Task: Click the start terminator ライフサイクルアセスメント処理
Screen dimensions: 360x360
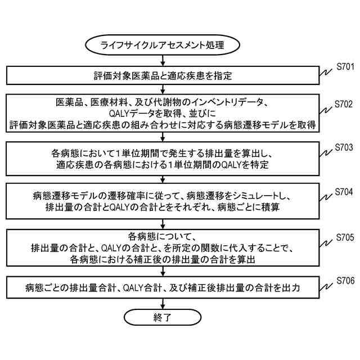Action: (161, 45)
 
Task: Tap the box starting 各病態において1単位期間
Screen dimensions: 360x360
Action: (161, 158)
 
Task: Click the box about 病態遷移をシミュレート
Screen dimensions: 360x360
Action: (161, 201)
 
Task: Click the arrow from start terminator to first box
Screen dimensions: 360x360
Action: (161, 60)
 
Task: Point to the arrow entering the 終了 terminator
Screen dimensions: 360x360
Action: (161, 303)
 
